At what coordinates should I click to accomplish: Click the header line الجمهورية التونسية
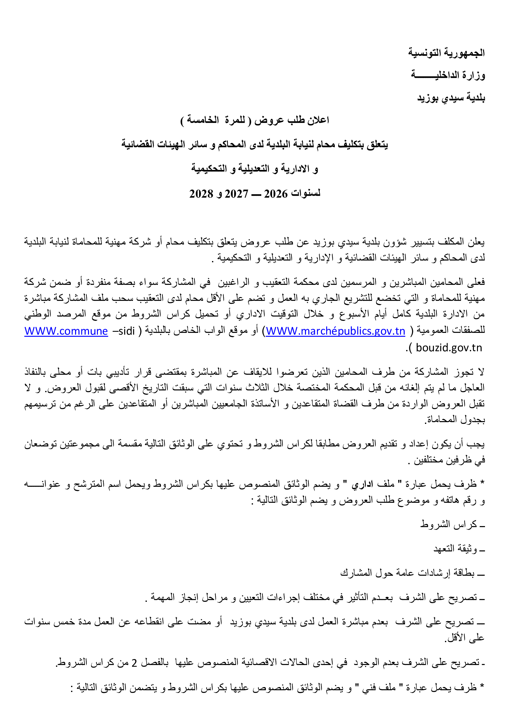(446, 53)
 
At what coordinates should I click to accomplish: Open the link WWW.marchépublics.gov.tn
(335, 331)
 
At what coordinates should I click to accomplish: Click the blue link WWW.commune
(66, 331)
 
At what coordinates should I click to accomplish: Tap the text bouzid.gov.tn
(449, 348)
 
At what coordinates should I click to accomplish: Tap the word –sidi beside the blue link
(123, 331)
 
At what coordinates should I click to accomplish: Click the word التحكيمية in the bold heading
(209, 169)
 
